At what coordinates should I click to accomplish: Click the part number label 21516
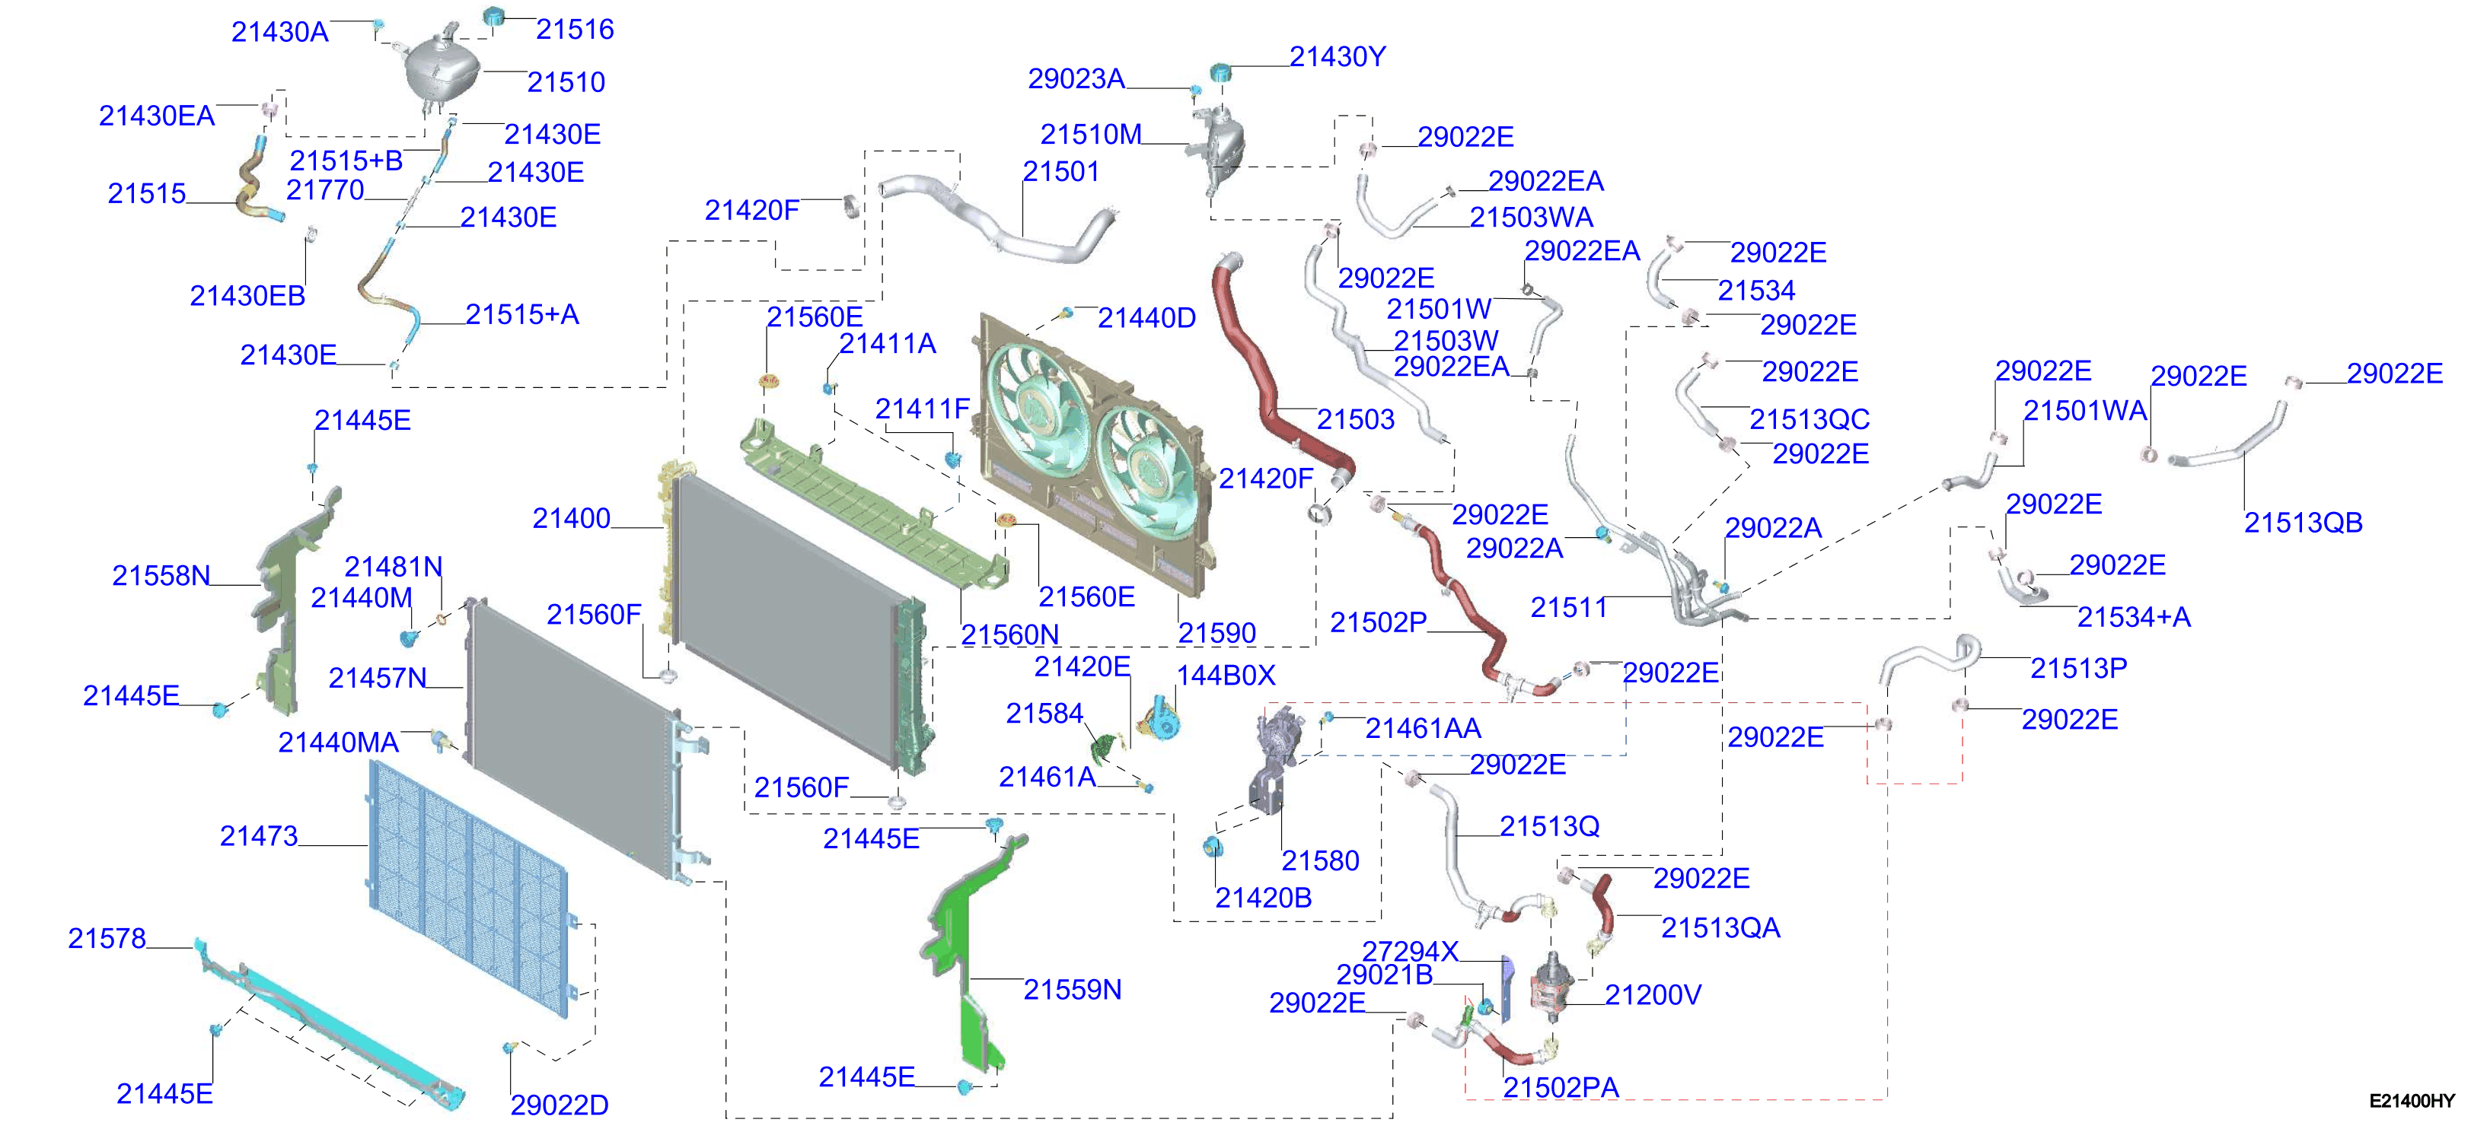coord(575,29)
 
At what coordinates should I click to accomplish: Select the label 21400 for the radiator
coord(572,518)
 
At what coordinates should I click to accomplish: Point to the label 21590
coord(1216,633)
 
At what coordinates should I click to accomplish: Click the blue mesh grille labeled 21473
coord(469,888)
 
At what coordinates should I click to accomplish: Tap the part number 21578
coord(107,938)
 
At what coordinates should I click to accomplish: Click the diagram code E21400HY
coord(2412,1100)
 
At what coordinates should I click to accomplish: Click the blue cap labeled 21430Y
coord(1221,72)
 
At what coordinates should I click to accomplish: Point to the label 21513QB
coord(2303,522)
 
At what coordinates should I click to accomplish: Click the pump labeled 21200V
coord(1551,989)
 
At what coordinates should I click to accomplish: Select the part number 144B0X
coord(1225,675)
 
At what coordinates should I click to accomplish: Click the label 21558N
coord(161,575)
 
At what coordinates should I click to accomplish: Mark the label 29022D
coord(559,1105)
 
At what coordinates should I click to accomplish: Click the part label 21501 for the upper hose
coord(1061,171)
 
